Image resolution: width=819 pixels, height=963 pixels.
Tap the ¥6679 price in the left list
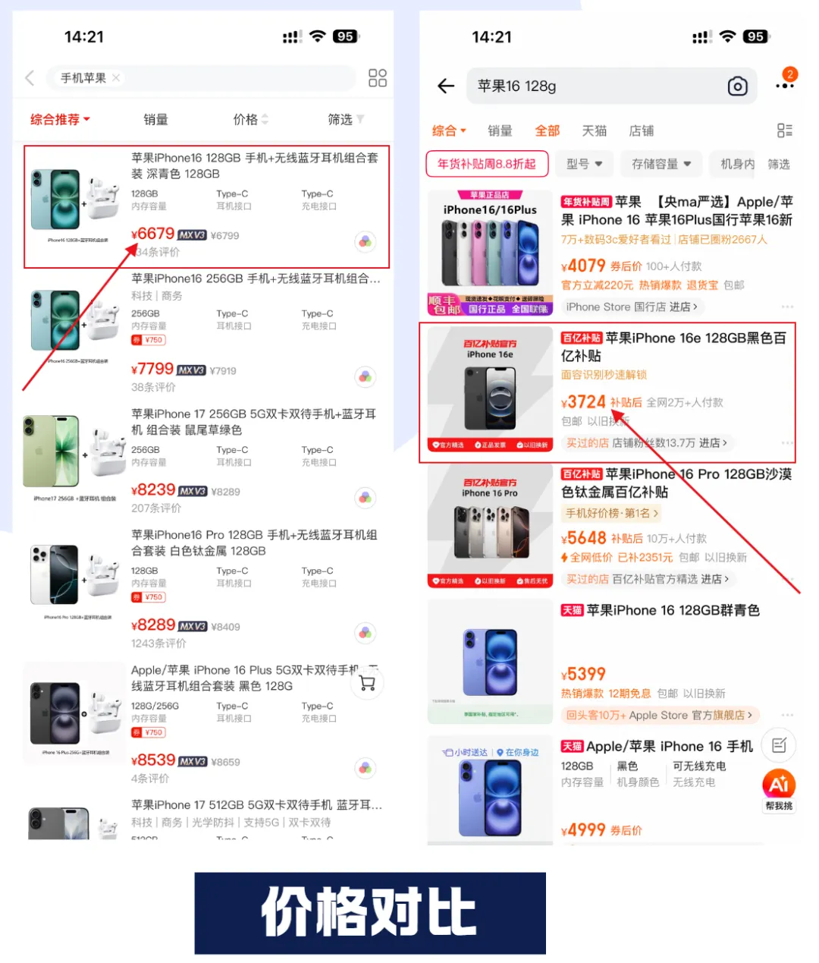153,234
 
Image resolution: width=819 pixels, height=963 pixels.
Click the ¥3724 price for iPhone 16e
584,402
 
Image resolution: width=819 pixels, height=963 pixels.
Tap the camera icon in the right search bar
737,87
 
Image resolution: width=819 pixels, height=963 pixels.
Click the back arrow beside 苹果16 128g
446,86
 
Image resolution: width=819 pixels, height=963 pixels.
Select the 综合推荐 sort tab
59,120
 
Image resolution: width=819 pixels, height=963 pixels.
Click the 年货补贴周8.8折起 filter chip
486,164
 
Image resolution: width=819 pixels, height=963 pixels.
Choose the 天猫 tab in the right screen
594,131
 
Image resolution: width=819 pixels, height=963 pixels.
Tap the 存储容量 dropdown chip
661,164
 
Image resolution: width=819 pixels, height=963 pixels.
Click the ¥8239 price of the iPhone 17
153,490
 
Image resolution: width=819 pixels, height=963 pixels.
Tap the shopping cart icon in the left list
368,683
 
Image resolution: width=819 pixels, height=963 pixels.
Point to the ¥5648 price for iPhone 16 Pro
584,538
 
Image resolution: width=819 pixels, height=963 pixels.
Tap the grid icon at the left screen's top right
377,77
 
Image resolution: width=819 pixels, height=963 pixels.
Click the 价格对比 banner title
369,912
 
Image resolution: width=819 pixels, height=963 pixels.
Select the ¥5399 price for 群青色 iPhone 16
584,674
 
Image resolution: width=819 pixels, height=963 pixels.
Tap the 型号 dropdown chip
584,164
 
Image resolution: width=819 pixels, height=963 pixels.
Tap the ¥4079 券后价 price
584,266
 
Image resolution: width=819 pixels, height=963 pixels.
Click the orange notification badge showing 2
790,74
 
